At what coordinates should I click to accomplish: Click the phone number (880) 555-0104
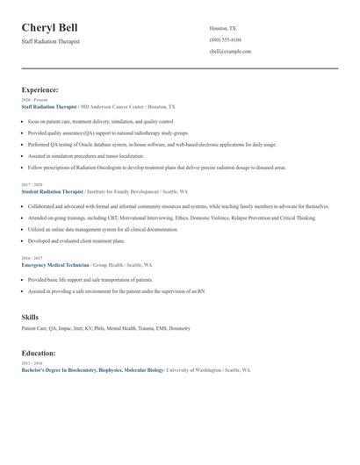point(225,39)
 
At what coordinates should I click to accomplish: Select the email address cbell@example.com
point(230,51)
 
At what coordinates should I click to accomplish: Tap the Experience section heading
point(40,89)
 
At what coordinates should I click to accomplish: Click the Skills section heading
point(30,316)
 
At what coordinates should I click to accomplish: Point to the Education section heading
point(39,353)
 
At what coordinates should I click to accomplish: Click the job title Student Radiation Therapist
point(52,191)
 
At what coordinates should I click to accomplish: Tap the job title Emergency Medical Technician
point(56,264)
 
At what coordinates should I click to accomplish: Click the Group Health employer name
point(108,264)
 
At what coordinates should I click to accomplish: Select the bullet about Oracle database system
point(140,143)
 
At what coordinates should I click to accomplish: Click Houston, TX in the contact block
point(223,28)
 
